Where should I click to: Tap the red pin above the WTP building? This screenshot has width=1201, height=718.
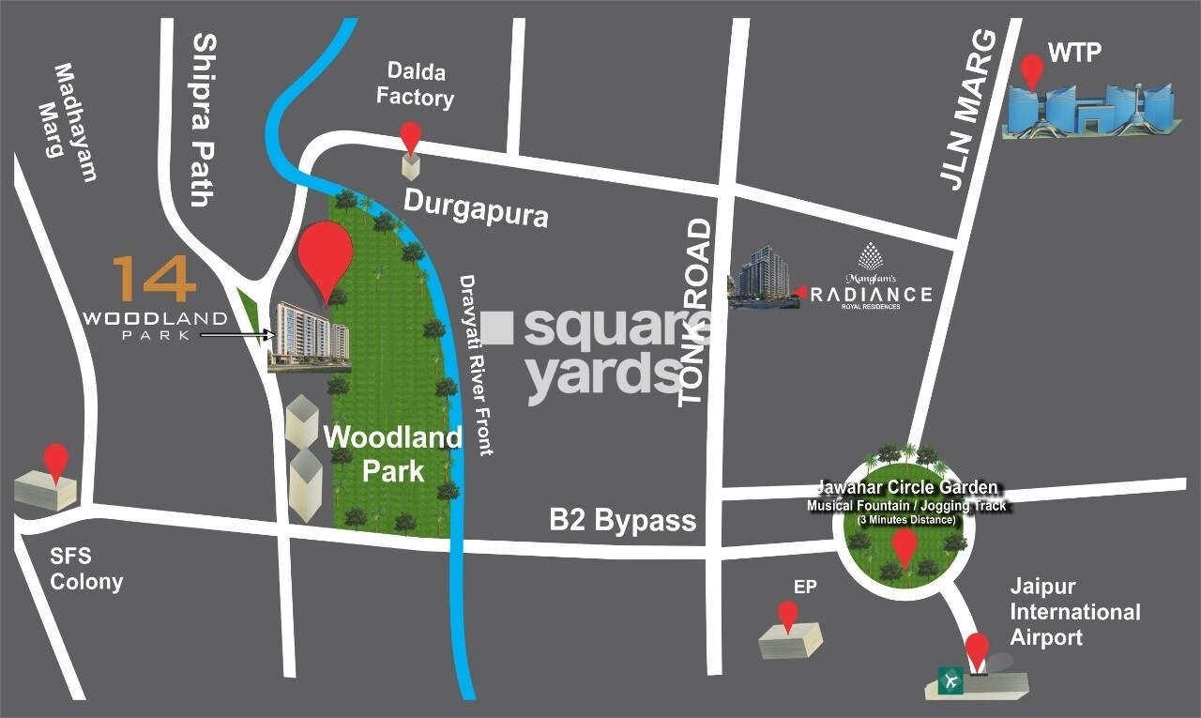click(1033, 70)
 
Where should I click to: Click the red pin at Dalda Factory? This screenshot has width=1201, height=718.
click(411, 136)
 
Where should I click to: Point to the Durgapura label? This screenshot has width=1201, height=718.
click(476, 208)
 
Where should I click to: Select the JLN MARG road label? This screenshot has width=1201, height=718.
click(969, 110)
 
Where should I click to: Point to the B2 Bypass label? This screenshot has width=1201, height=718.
click(623, 519)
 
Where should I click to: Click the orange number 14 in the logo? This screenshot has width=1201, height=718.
click(154, 280)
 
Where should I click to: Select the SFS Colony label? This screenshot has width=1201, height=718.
click(86, 570)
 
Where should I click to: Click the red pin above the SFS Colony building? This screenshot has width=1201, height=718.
click(57, 461)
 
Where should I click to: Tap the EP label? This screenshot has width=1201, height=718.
click(805, 588)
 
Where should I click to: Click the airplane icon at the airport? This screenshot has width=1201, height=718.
click(952, 680)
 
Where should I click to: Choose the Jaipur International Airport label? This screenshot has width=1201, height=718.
click(1074, 612)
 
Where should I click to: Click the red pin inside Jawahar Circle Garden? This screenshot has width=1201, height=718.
click(904, 546)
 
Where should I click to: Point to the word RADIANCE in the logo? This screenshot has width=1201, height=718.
click(872, 295)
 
